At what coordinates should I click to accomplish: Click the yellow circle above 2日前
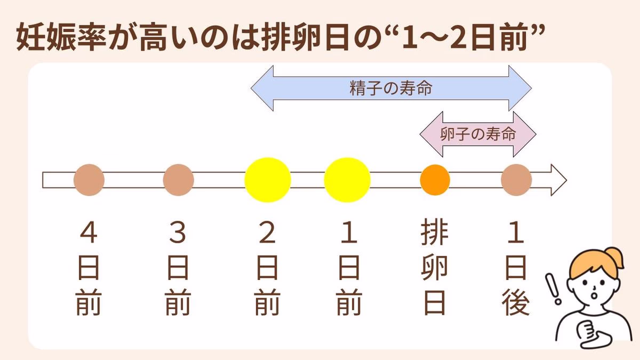coord(268,180)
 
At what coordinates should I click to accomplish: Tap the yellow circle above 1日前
coord(347,180)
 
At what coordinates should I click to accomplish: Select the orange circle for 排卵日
coord(435,180)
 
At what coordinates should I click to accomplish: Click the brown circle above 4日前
coord(89,180)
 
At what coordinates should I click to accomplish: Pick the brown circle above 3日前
coord(178,180)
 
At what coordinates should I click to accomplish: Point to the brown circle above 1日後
coord(516,180)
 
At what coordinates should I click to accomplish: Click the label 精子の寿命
coord(391,89)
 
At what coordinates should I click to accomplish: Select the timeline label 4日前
coord(89,269)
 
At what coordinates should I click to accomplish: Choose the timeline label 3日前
coord(178,269)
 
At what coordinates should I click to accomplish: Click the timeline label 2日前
coord(268,269)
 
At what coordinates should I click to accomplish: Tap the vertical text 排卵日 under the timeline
coord(435,269)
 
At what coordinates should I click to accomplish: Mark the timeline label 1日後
coord(516,269)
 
